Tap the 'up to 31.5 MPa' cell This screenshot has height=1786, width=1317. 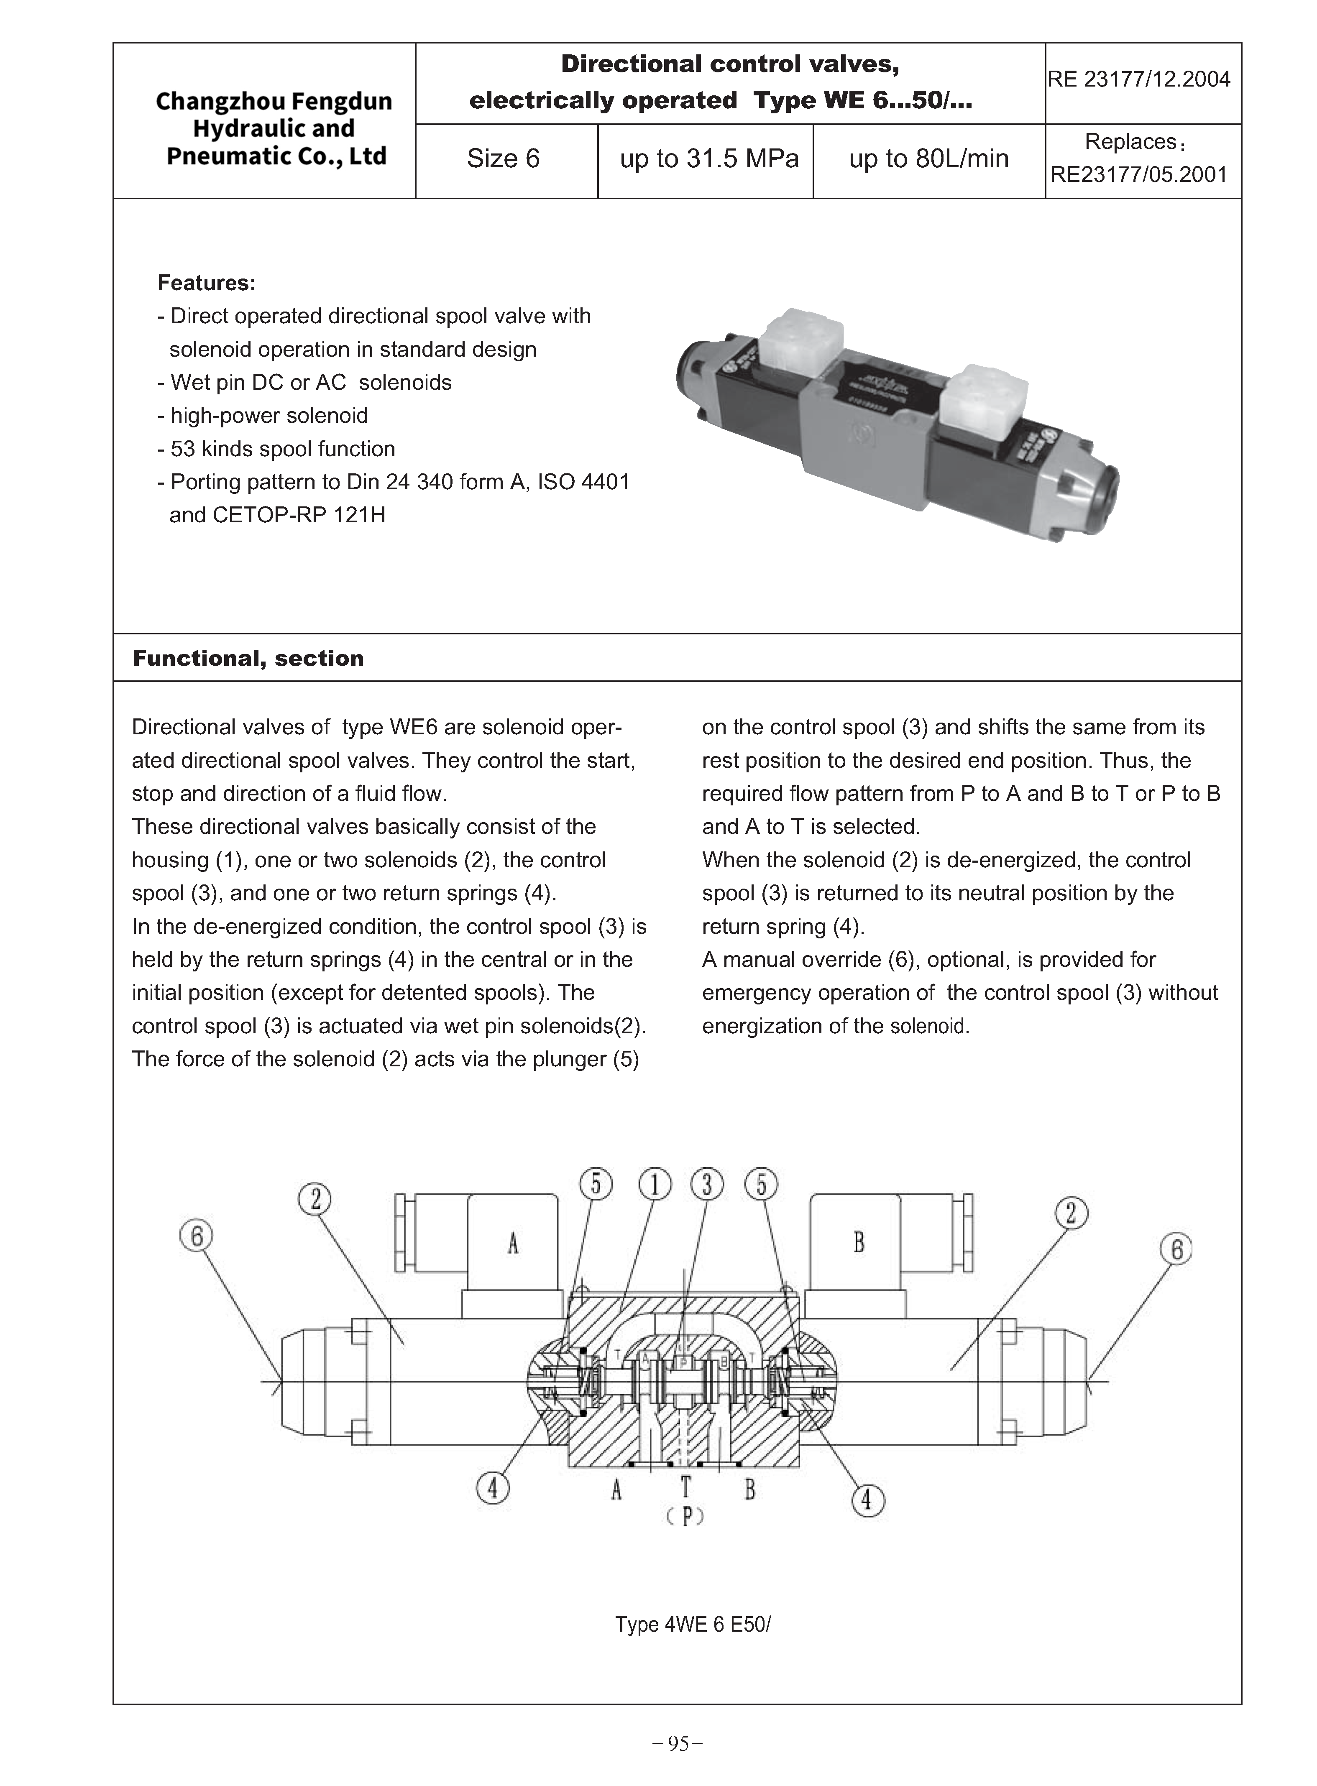pyautogui.click(x=709, y=158)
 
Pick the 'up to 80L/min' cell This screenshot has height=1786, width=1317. pyautogui.click(x=929, y=158)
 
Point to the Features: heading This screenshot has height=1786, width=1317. pyautogui.click(x=207, y=283)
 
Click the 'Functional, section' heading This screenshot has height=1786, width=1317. pyautogui.click(x=248, y=658)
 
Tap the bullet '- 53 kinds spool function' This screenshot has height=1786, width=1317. pyautogui.click(x=276, y=449)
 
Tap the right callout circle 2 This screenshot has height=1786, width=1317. pyautogui.click(x=1071, y=1213)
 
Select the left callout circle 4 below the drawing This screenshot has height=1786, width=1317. pyautogui.click(x=493, y=1487)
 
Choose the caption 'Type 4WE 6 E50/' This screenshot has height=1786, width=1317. pyautogui.click(x=693, y=1624)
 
